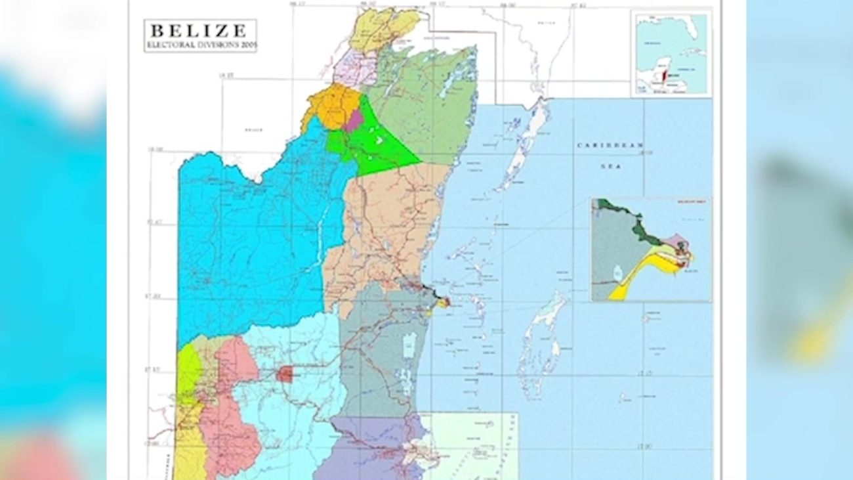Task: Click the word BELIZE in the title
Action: [x=199, y=30]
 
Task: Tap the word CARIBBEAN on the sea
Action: [x=610, y=144]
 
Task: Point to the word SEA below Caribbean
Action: [x=610, y=166]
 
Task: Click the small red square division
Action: [x=284, y=374]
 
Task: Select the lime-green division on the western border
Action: [x=188, y=371]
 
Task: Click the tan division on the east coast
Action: [x=387, y=223]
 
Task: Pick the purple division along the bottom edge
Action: [x=367, y=447]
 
